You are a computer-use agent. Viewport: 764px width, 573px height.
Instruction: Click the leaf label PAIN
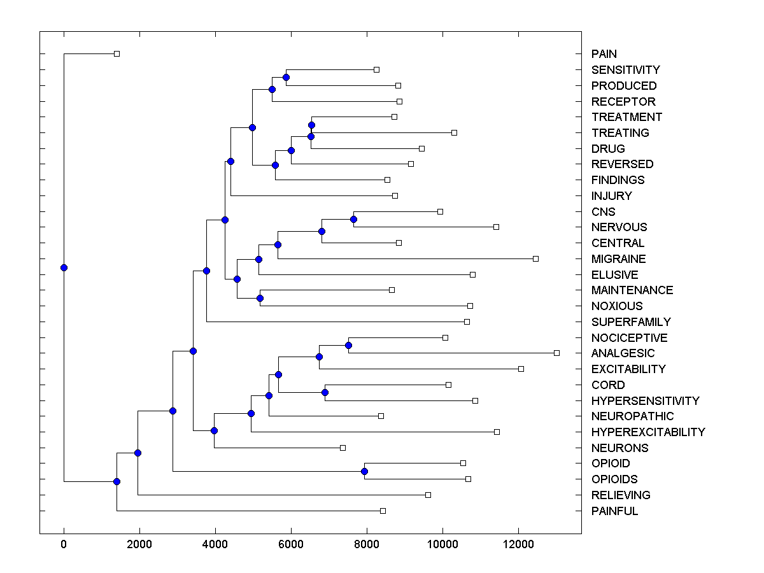[x=604, y=54]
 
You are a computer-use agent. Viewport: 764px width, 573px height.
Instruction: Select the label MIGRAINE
[x=618, y=259]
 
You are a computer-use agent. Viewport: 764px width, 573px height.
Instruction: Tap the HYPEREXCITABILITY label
[x=647, y=432]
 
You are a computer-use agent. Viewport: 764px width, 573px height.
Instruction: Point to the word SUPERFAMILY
[x=630, y=322]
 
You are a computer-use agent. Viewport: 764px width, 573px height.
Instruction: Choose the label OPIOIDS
[x=614, y=479]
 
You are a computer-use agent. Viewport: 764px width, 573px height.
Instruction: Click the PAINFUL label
[x=614, y=511]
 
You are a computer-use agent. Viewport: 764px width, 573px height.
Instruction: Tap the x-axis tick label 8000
[x=367, y=543]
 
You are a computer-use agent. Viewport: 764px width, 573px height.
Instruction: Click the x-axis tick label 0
[x=64, y=543]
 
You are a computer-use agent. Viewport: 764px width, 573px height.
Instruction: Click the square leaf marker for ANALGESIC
[x=556, y=353]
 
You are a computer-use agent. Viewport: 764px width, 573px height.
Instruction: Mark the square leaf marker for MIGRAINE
[x=535, y=258]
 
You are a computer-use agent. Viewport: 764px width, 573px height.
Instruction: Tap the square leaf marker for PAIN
[x=117, y=53]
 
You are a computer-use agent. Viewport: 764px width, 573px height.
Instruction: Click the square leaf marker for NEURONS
[x=343, y=448]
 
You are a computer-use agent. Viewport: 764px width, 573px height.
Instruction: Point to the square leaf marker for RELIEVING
[x=428, y=495]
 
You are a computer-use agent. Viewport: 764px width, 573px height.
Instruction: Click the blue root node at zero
[x=64, y=267]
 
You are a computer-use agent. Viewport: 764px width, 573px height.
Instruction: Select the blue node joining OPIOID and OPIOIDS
[x=364, y=471]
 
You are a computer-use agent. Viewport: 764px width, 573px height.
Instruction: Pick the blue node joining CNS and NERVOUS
[x=353, y=219]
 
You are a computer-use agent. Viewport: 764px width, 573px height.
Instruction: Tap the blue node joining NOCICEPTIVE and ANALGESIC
[x=348, y=345]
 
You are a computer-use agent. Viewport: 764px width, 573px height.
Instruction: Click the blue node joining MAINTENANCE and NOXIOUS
[x=260, y=298]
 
